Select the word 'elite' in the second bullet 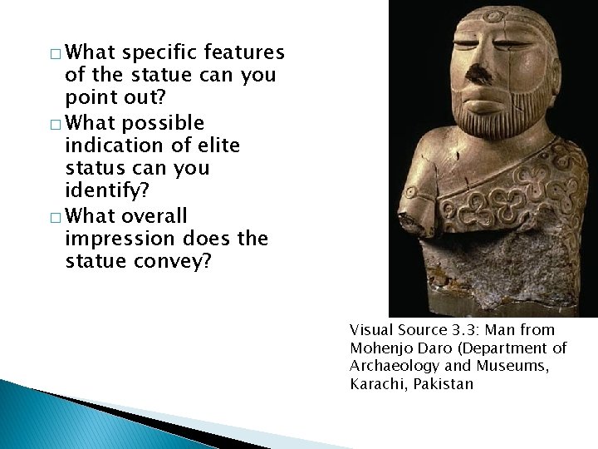pos(215,146)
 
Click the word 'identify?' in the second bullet pos(105,192)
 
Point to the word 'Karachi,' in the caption pos(379,383)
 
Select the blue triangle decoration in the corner pos(50,416)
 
